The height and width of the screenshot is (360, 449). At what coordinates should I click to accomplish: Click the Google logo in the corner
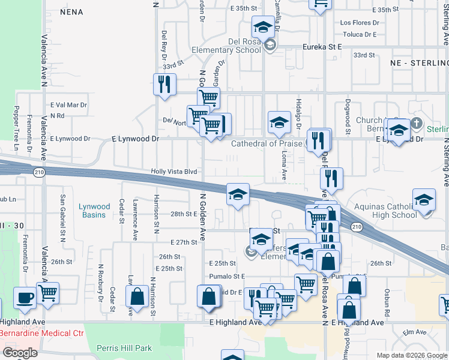(x=20, y=353)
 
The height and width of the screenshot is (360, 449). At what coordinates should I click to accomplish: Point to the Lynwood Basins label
(x=94, y=211)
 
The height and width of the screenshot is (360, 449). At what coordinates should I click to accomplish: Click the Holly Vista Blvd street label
(x=174, y=172)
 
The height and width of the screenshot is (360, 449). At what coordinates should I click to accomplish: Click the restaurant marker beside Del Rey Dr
(x=164, y=85)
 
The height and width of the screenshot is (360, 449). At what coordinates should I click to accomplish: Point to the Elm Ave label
(x=414, y=332)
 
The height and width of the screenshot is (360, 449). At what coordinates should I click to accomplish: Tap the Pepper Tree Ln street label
(x=16, y=128)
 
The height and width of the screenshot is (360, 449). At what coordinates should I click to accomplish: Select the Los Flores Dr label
(x=360, y=23)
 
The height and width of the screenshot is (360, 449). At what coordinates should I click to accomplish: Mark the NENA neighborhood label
(x=71, y=12)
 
